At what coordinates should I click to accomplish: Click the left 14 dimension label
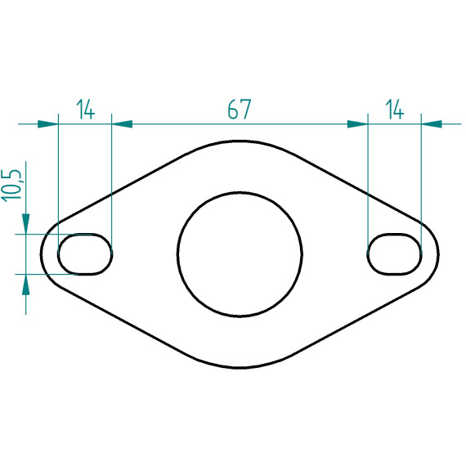click(x=86, y=109)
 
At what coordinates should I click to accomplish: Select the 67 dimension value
click(x=240, y=109)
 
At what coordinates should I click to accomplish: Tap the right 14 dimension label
click(x=395, y=109)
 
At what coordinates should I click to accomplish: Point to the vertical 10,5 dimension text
click(x=12, y=186)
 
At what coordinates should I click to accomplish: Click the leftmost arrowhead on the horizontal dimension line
click(x=48, y=124)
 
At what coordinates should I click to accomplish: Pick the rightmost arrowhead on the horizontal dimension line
click(x=432, y=124)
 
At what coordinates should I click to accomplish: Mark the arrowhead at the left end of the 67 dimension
click(x=122, y=124)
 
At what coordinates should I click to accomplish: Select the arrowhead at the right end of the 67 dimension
click(x=358, y=124)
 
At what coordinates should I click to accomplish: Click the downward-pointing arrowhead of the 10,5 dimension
click(x=26, y=224)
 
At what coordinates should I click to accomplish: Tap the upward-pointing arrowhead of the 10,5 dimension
click(x=26, y=285)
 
